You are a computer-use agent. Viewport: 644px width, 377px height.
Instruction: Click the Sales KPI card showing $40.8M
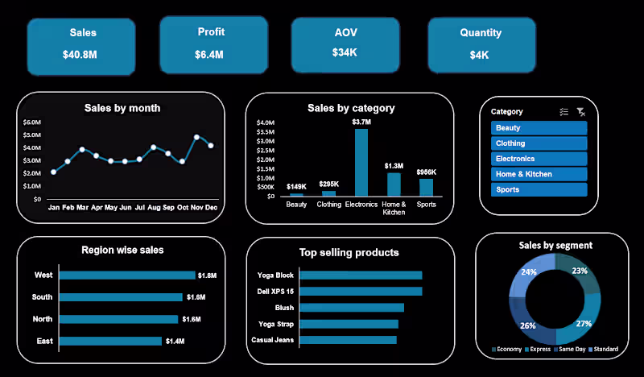[x=80, y=44]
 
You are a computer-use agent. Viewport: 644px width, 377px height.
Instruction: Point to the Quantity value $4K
[x=481, y=55]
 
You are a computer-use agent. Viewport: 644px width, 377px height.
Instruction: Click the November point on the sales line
[x=196, y=138]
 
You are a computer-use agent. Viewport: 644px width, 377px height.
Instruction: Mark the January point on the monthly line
[x=54, y=172]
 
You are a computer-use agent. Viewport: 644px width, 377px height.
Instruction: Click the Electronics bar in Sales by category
[x=361, y=162]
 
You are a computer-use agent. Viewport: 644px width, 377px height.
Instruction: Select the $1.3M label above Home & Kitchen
[x=394, y=166]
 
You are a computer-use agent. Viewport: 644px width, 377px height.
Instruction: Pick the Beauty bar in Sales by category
[x=296, y=194]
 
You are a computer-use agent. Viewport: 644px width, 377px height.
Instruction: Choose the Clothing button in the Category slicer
[x=539, y=143]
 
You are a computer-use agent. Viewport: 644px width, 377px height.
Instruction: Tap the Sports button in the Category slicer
[x=539, y=190]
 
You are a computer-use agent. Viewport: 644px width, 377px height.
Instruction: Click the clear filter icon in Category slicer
[x=581, y=112]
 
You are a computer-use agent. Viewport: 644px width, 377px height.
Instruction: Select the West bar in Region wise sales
[x=127, y=275]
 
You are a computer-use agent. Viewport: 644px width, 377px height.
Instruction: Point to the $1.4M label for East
[x=174, y=342]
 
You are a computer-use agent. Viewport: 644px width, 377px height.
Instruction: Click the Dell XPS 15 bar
[x=361, y=292]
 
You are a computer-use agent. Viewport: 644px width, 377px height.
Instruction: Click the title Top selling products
[x=349, y=252]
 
